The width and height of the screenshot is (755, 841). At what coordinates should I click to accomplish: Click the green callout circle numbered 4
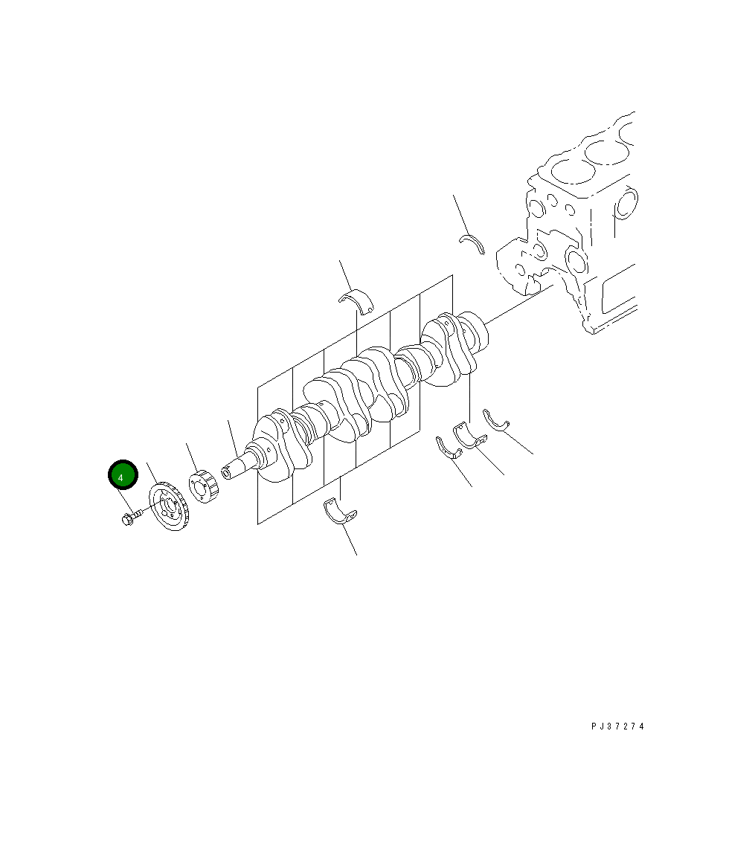point(123,475)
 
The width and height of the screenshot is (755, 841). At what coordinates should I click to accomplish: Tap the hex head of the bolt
point(126,518)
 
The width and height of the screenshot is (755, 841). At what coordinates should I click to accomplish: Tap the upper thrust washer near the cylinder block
point(472,241)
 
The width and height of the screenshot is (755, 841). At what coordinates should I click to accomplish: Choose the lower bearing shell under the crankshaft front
point(339,512)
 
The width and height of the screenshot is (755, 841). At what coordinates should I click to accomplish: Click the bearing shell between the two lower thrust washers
point(470,436)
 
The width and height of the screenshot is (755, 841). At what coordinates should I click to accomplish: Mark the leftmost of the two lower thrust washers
point(448,448)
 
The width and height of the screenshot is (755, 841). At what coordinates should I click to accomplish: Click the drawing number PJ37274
point(617,726)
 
